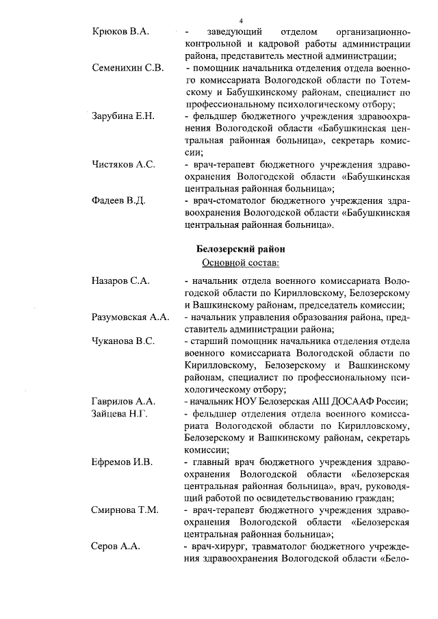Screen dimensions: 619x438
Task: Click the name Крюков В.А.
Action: pyautogui.click(x=120, y=33)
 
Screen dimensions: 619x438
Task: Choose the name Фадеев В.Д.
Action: pyautogui.click(x=119, y=200)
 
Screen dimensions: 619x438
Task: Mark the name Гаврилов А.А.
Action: pyautogui.click(x=125, y=401)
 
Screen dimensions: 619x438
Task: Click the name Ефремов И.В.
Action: pyautogui.click(x=122, y=462)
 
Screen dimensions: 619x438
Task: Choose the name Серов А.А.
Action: pyautogui.click(x=116, y=546)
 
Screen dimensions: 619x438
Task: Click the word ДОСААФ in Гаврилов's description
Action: pyautogui.click(x=347, y=401)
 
